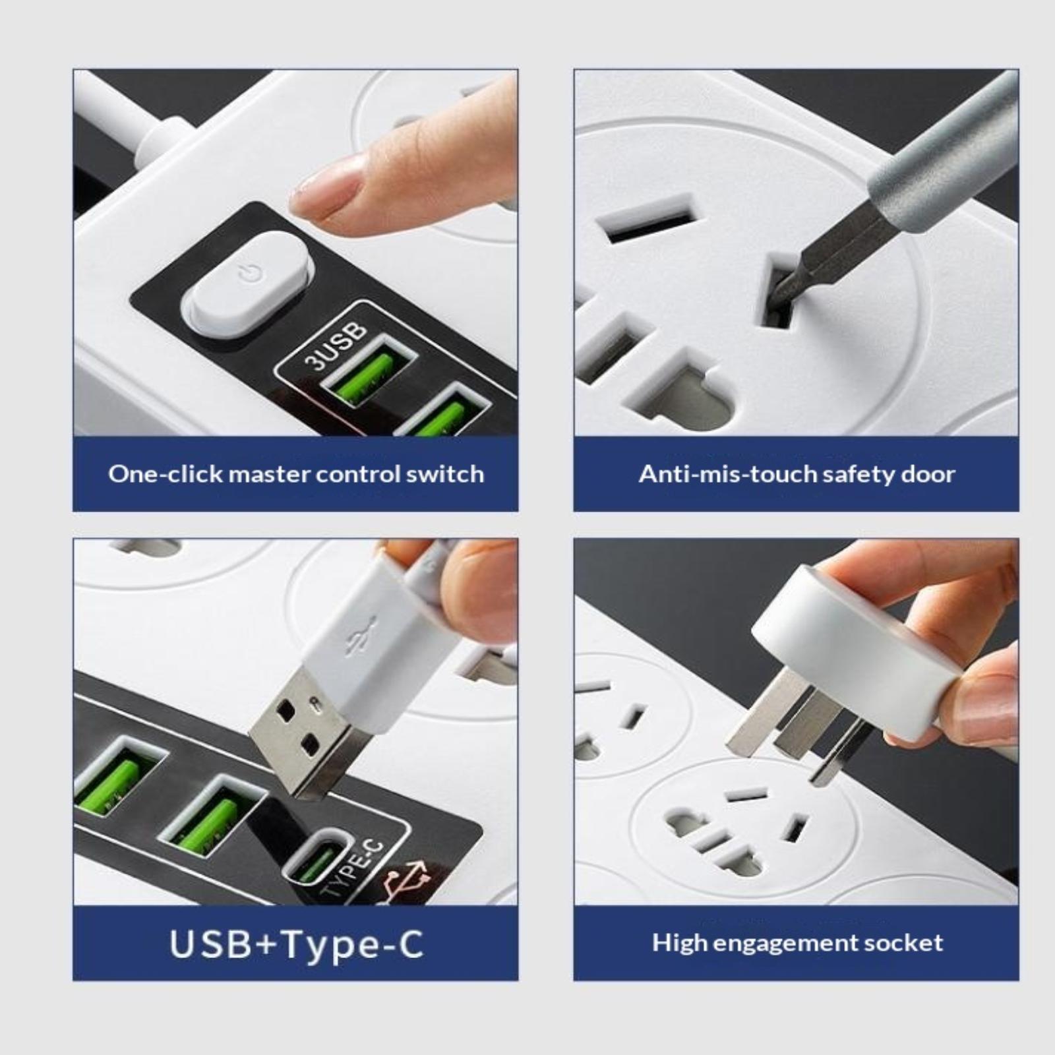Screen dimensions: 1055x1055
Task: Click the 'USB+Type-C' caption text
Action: [296, 944]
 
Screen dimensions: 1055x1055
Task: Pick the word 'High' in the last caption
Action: [679, 943]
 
